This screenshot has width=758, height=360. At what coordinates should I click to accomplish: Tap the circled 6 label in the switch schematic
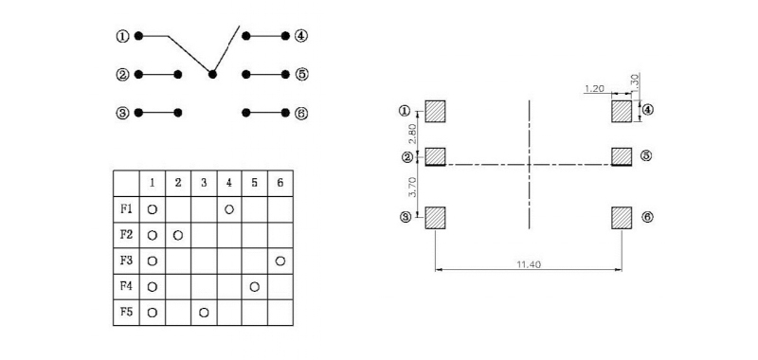tap(301, 113)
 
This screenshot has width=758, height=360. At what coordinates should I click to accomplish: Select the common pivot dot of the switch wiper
tap(212, 74)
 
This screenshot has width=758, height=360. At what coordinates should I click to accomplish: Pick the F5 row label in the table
tap(126, 311)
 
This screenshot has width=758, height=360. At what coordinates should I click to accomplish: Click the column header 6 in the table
tap(280, 181)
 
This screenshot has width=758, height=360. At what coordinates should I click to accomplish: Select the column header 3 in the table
tap(203, 181)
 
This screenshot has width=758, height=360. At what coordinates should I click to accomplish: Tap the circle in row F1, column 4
tap(229, 207)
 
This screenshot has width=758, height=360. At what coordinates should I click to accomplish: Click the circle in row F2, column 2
tap(178, 233)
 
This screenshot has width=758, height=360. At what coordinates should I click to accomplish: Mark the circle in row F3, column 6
tap(280, 260)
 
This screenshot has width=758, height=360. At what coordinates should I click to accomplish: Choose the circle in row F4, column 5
tap(254, 285)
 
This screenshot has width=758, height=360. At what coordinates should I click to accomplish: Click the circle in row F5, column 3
tap(204, 311)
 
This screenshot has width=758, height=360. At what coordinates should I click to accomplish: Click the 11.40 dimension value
tap(527, 264)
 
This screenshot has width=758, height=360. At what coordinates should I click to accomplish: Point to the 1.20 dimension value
tap(594, 88)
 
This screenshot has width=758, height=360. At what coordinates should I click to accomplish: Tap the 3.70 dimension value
tap(410, 186)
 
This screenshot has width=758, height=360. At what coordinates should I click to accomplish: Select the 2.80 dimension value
tap(410, 133)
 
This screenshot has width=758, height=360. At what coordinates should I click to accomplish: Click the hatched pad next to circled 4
tap(622, 111)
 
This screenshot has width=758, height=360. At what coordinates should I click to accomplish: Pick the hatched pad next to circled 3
tap(435, 217)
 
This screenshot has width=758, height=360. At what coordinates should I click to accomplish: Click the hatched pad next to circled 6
tap(622, 217)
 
